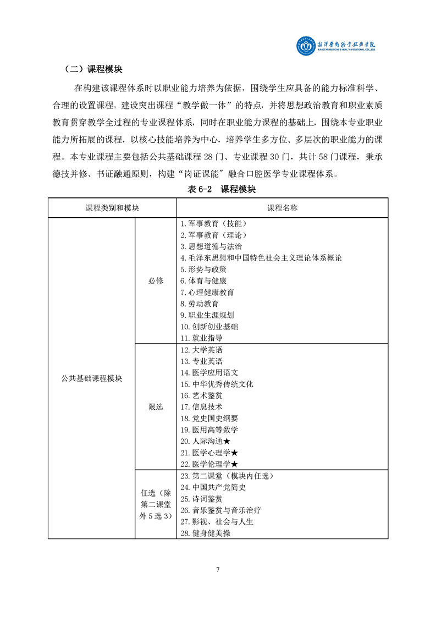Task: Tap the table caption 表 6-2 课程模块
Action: tap(218, 189)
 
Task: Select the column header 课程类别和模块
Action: tap(112, 208)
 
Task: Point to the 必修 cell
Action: tap(156, 280)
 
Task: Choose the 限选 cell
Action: tap(156, 406)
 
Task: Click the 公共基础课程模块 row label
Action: tap(91, 378)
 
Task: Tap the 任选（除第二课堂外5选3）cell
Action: tap(156, 504)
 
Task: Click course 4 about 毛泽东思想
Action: tap(261, 258)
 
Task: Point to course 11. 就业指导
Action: tap(201, 338)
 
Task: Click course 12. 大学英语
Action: tap(201, 350)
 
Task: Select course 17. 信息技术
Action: tap(201, 407)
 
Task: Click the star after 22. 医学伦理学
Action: tap(234, 465)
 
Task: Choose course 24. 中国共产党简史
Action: tap(213, 487)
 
